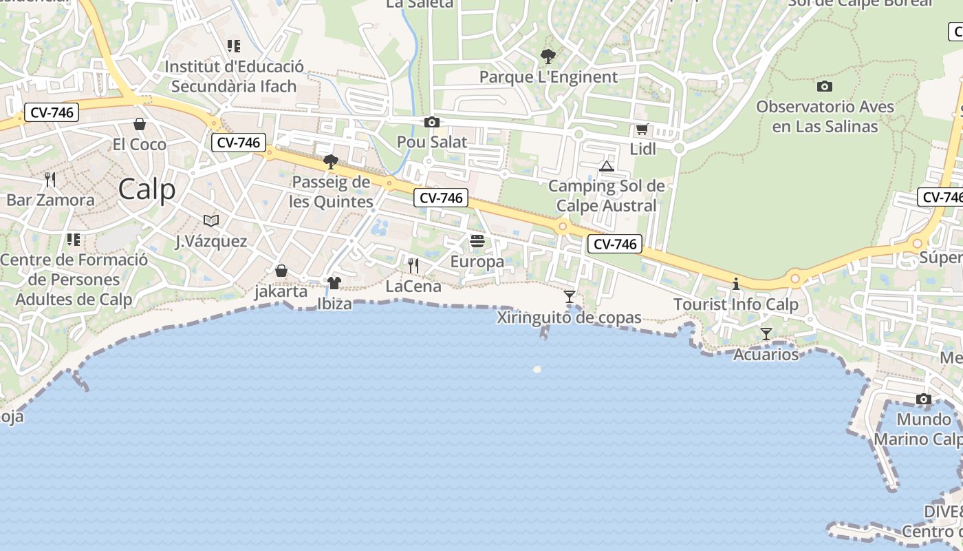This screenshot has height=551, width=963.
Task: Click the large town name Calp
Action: [x=147, y=189]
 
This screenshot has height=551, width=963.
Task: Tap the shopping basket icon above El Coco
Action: [x=140, y=124]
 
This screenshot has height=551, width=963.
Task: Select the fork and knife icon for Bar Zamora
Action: [x=50, y=180]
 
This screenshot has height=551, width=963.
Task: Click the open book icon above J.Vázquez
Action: [x=211, y=220]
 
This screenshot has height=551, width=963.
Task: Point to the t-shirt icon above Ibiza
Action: [x=334, y=282]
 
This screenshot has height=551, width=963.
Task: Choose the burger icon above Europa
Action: [x=477, y=241]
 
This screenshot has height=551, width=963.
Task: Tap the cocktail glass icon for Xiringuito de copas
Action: [x=570, y=297]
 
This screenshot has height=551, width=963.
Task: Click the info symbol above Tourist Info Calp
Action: [x=736, y=284]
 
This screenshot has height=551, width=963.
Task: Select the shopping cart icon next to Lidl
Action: [x=642, y=129]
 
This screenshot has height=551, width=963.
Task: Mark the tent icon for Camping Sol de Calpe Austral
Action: [x=606, y=166]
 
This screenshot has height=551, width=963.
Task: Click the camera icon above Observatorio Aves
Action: [x=825, y=87]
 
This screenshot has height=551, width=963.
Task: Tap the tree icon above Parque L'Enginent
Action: [x=548, y=56]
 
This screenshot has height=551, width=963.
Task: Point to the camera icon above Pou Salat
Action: [x=432, y=122]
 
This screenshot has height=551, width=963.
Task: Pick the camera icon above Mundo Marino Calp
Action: [x=923, y=399]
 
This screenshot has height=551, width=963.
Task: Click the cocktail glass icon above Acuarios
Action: [x=766, y=334]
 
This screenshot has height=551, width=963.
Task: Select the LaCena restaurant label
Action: [x=413, y=287]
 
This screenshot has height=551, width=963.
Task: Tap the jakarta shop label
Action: [x=281, y=291]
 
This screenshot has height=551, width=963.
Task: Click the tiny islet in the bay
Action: [x=537, y=369]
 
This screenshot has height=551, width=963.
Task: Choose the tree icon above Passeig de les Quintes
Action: [x=331, y=162]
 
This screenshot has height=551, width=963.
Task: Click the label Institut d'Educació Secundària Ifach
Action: [x=234, y=76]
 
